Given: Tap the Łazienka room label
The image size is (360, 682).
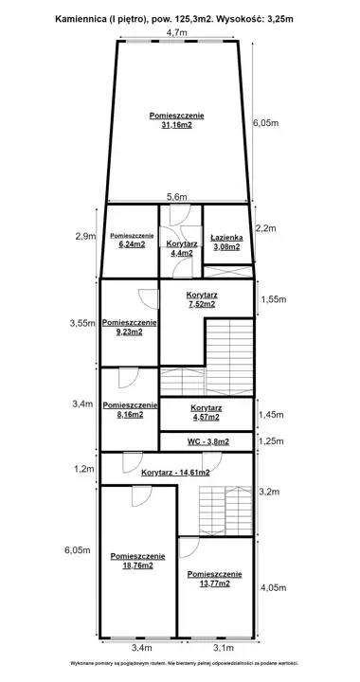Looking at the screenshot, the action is (x=226, y=238).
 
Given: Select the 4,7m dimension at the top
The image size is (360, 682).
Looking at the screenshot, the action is (x=176, y=32).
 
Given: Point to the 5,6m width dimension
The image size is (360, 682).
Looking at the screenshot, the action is (x=177, y=197).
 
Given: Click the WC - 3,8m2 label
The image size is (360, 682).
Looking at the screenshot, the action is (x=208, y=442).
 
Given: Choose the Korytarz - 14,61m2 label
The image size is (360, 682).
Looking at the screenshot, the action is (x=175, y=473).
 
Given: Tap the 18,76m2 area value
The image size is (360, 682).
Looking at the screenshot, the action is (x=137, y=565).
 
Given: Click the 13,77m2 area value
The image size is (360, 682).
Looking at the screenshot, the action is (x=214, y=584).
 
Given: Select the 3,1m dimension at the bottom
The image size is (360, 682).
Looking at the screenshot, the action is (x=224, y=648).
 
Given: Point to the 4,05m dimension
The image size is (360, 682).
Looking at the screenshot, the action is (x=273, y=588).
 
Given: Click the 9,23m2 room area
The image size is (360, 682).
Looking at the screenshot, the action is (x=129, y=332).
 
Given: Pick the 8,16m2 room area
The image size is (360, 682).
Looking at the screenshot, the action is (x=130, y=415).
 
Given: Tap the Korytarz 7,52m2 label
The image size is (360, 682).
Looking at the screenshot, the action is (x=201, y=299).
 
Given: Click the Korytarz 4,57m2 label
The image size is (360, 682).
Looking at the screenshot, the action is (x=207, y=413).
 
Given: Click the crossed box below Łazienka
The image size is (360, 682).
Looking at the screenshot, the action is (x=228, y=272).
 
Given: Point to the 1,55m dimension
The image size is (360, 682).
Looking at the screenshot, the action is (x=273, y=299).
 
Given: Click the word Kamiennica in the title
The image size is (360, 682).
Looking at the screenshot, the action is (x=77, y=19).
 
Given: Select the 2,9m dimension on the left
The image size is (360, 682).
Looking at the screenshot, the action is (x=85, y=236).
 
